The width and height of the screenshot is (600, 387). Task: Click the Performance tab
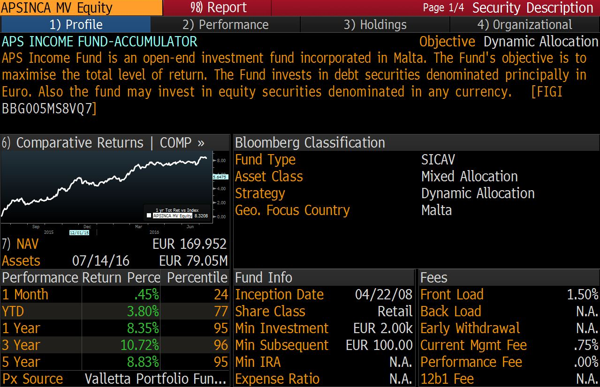[x=225, y=25]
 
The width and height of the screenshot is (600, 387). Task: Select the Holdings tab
[x=375, y=25]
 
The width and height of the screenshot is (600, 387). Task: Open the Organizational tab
[x=525, y=25]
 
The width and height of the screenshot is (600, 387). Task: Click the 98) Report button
[x=218, y=7]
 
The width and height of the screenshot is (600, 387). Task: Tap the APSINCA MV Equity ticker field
[x=57, y=8]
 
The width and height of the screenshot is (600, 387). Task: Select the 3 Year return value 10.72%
[x=140, y=345]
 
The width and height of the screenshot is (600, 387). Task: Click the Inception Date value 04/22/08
[x=384, y=294]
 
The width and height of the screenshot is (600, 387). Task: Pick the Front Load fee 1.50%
[x=582, y=294]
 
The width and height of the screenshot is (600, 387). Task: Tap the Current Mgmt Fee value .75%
[x=586, y=345]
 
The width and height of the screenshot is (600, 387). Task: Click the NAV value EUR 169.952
[x=189, y=244]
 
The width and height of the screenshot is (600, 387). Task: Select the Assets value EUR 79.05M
[x=193, y=260]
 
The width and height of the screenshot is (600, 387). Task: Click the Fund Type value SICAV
[x=438, y=159]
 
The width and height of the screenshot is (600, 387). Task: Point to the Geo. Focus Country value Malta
[x=436, y=210]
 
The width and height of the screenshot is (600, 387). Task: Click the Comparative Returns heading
[x=80, y=142]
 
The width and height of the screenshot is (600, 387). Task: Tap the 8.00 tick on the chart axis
[x=221, y=161]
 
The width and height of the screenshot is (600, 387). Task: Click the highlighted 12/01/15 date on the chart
[x=79, y=232]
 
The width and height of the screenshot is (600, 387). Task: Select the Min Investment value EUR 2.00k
[x=383, y=328]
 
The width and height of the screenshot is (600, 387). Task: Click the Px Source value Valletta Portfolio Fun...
[x=155, y=379]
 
